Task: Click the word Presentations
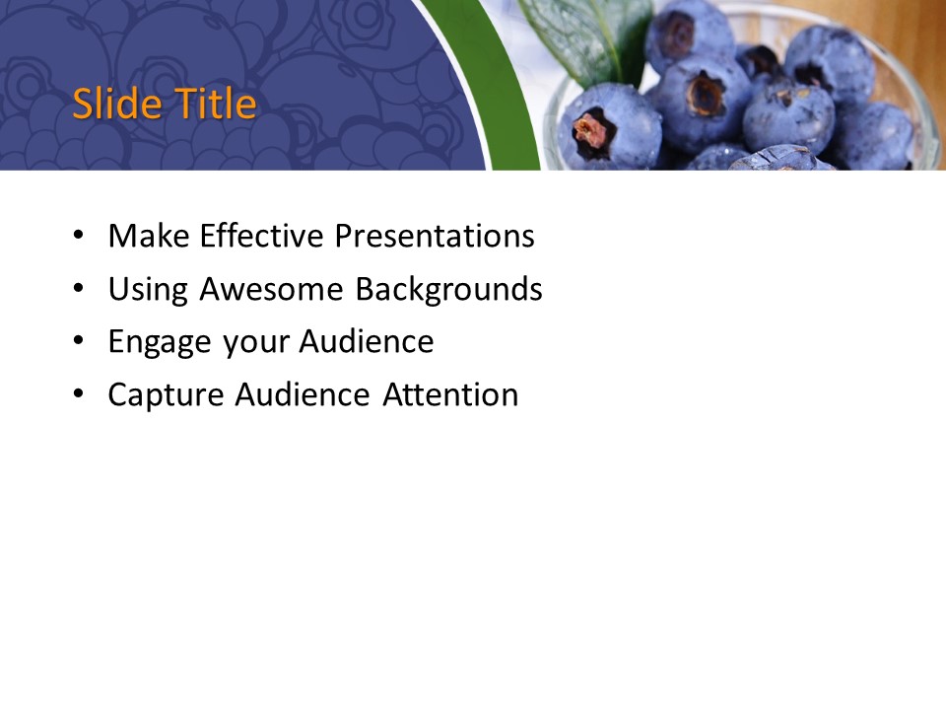click(x=434, y=236)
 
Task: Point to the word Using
click(x=149, y=289)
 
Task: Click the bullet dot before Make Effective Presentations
click(x=78, y=238)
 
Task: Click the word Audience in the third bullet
click(x=367, y=342)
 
